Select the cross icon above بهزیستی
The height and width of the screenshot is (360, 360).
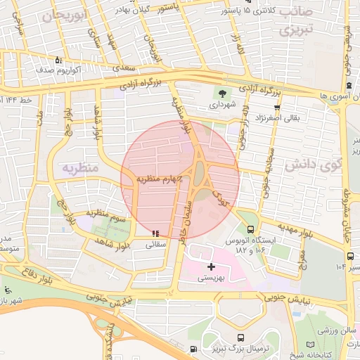(212, 266)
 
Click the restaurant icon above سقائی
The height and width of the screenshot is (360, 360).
(155, 233)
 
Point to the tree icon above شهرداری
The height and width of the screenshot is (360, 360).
(223, 92)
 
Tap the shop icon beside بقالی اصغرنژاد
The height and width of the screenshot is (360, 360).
(277, 108)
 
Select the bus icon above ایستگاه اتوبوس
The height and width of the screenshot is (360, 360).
(251, 229)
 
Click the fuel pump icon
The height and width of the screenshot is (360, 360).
(193, 349)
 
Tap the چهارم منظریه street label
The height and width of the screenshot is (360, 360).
(154, 179)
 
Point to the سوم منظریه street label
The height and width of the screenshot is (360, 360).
(105, 212)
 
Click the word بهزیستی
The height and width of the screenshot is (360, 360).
(211, 278)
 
